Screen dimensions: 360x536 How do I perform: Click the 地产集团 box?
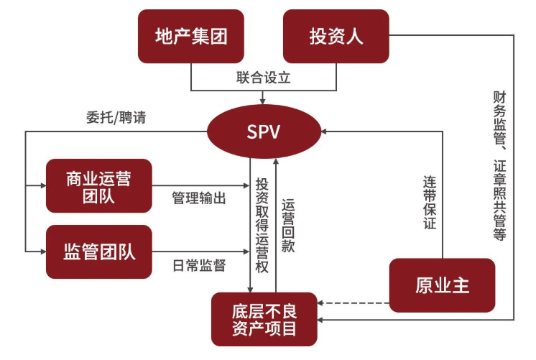coord(191,36)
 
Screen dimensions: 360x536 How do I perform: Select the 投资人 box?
coord(336,36)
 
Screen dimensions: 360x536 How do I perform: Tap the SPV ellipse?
coord(263,131)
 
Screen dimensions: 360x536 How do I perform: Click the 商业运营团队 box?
coord(98,185)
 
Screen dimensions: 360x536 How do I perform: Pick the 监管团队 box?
coord(98,251)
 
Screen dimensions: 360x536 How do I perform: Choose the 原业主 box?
coord(442,285)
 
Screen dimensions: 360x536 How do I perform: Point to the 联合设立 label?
coord(263,78)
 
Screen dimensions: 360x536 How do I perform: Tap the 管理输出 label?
coord(199,198)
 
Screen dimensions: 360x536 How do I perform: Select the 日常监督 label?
coord(199,265)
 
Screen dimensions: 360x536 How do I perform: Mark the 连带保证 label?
coord(429,202)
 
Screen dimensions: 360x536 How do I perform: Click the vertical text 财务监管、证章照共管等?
coord(499,165)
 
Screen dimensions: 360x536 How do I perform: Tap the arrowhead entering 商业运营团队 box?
coord(41,185)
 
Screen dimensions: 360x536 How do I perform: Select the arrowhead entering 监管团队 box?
coord(41,251)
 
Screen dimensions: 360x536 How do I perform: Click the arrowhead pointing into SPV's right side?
coord(325,131)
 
